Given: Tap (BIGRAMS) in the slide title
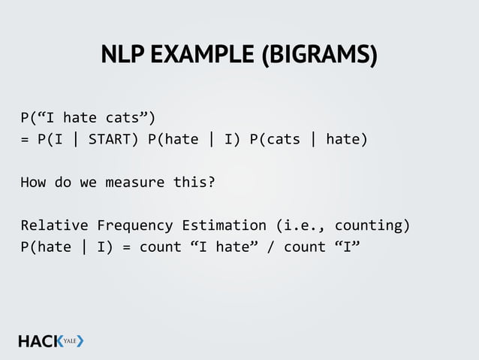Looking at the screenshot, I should pos(319,56).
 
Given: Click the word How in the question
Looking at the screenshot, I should pos(32,182).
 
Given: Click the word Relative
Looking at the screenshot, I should pos(54,225).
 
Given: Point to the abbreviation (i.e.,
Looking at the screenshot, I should pos(300,225).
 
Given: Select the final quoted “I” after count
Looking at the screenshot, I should pos(346,247).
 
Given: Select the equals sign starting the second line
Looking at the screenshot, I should pos(25,139).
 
